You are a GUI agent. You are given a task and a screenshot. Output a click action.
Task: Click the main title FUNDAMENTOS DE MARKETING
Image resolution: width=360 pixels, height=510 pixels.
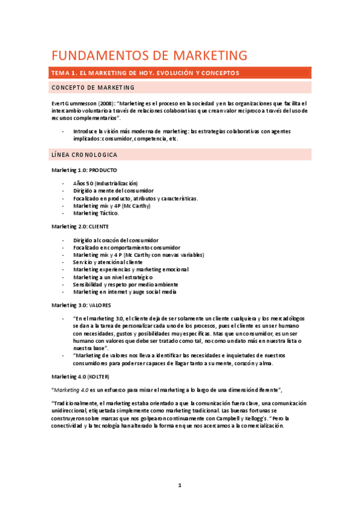point(149,56)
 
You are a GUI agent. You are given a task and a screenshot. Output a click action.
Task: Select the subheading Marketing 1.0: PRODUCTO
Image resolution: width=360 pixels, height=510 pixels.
point(84,170)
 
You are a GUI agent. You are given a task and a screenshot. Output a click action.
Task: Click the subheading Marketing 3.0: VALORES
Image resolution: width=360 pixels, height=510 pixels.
point(81,305)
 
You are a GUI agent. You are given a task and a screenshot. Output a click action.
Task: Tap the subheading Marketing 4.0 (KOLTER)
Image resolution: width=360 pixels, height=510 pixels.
point(80,376)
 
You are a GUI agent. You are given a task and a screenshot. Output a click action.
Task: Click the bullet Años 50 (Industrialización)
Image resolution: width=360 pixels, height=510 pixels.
point(105,183)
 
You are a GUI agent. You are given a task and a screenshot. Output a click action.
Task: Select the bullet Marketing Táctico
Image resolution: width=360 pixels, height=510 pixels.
point(96,213)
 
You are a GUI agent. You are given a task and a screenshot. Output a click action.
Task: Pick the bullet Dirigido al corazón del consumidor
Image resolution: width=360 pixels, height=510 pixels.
point(116,240)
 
